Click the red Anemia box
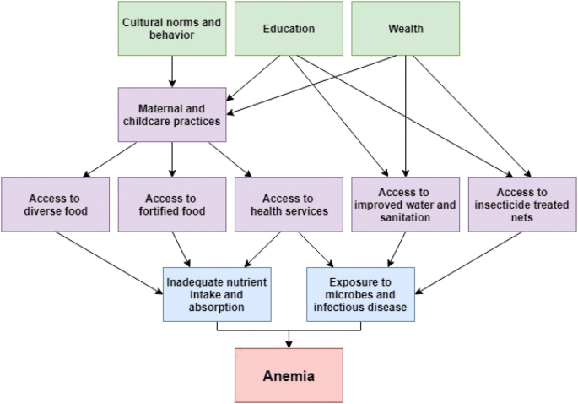pos(289,375)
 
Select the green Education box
pos(289,29)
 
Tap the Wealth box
pos(405,29)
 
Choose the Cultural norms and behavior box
pos(171,29)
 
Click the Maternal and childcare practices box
pos(172,114)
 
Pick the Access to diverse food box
pos(55,205)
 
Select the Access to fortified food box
pos(171,205)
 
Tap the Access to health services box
pos(289,205)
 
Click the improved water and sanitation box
pos(405,205)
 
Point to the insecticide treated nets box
pos(521,205)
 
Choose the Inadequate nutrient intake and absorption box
pos(218,294)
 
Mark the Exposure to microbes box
pos(360,294)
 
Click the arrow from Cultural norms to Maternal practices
pos(172,72)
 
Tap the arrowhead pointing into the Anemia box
pos(289,343)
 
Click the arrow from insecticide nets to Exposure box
pos(468,262)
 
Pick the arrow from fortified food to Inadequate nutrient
pos(182,250)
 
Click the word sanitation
pos(405,217)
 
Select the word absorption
pos(218,308)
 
